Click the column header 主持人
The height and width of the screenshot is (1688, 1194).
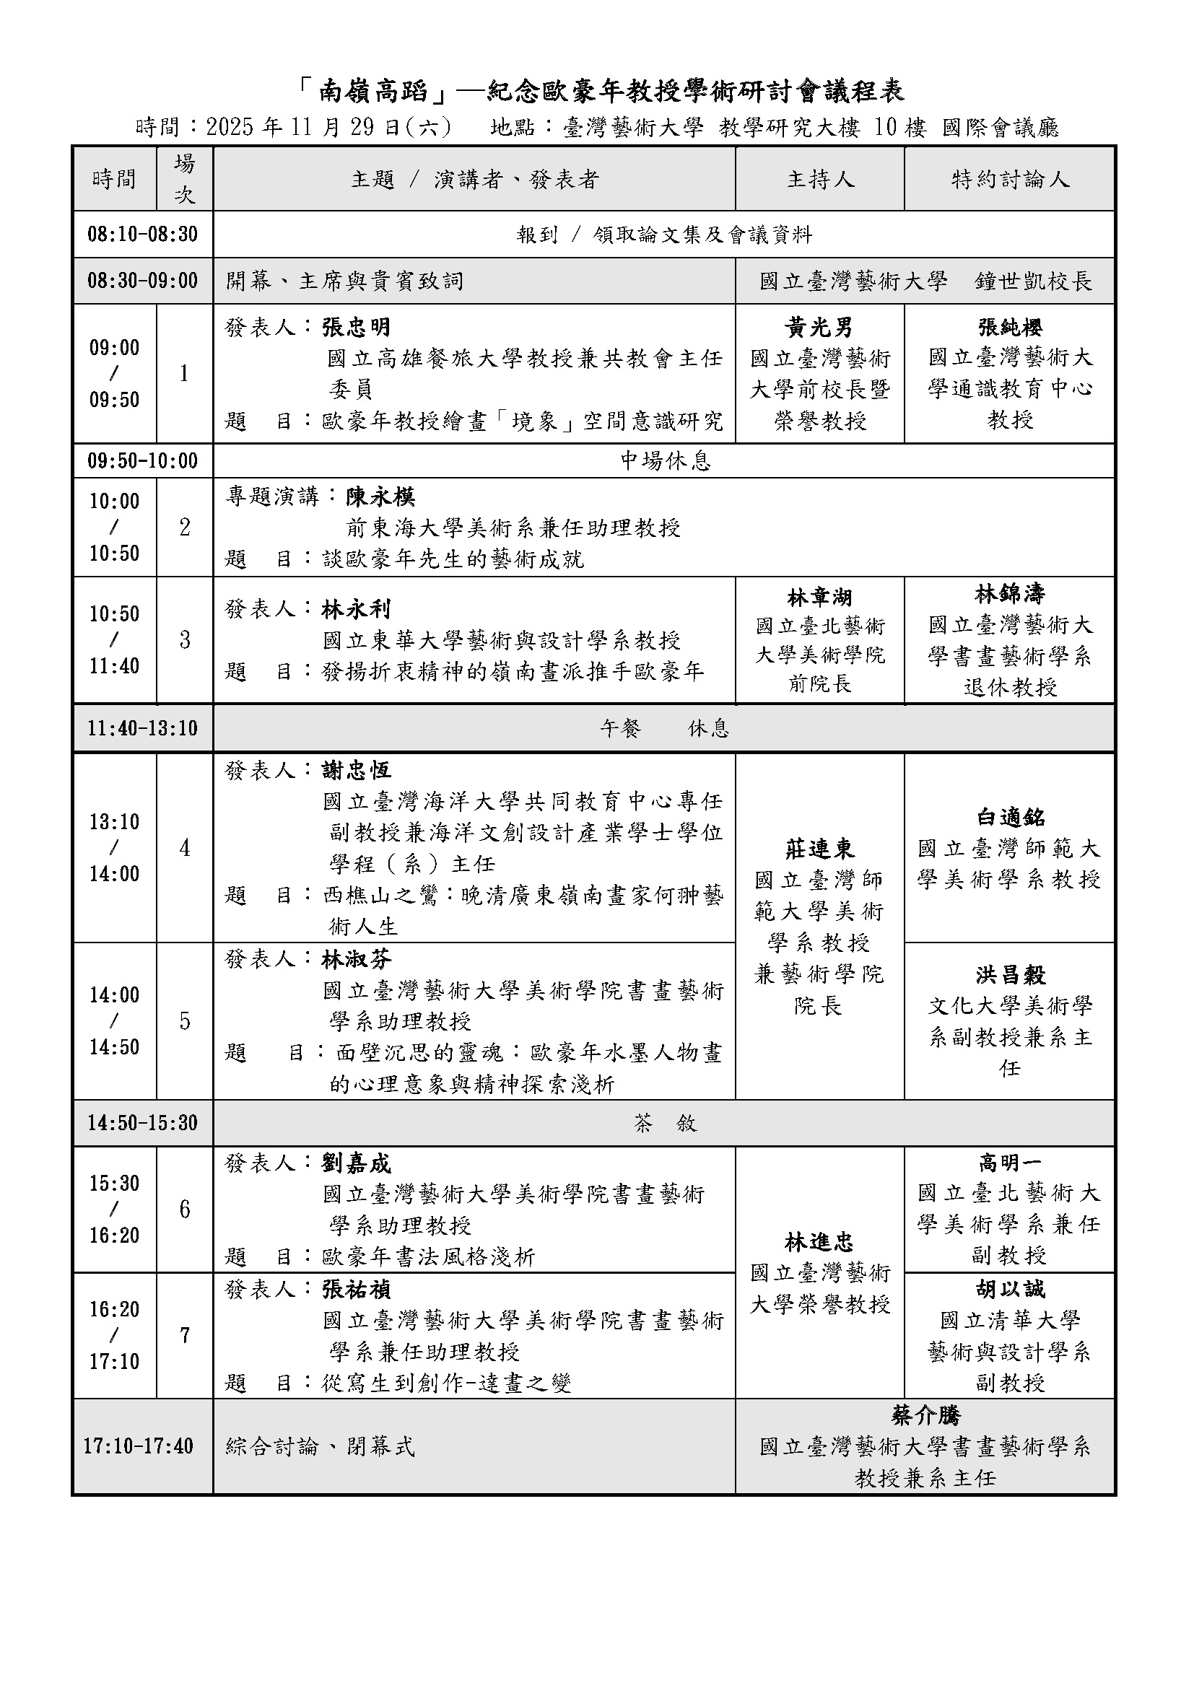coord(820,179)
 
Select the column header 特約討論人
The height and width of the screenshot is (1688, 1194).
coord(1009,179)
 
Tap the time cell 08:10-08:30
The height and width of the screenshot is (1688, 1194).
coord(143,235)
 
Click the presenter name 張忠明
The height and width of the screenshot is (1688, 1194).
coord(357,327)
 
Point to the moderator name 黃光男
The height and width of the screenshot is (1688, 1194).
coord(819,327)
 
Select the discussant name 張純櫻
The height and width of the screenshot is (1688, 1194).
coord(1009,327)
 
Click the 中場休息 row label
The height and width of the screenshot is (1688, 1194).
coord(666,461)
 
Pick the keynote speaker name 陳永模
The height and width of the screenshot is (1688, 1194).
coord(380,497)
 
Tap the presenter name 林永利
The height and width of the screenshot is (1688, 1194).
coord(357,610)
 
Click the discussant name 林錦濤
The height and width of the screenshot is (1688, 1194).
coord(1009,594)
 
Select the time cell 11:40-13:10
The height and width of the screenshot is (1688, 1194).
coord(143,729)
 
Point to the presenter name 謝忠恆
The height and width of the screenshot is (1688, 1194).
coord(357,771)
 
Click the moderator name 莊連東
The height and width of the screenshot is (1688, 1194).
coord(819,849)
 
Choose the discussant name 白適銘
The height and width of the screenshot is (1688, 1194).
coord(1009,818)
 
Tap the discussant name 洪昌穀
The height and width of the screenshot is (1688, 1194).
coord(1009,975)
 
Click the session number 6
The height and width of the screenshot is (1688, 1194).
coord(185,1210)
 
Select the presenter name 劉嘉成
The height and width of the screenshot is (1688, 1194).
coord(357,1164)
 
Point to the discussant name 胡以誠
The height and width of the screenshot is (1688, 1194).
coord(1009,1289)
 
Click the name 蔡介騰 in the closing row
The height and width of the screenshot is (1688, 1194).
coord(925,1416)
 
